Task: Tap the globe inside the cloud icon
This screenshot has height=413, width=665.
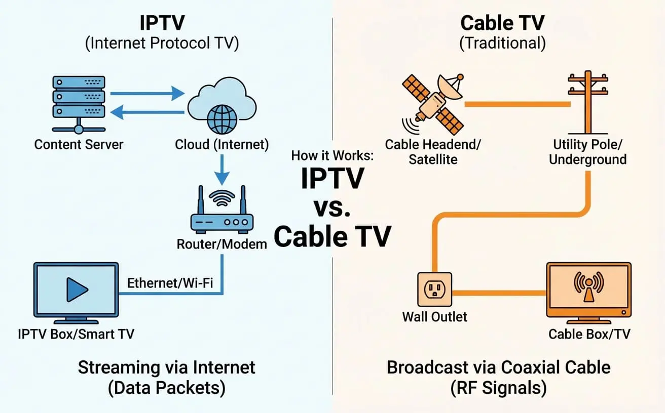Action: click(221, 119)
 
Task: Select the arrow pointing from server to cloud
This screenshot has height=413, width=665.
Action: click(147, 93)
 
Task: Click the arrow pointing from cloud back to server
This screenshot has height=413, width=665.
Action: click(147, 111)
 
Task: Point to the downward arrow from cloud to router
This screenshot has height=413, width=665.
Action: click(221, 170)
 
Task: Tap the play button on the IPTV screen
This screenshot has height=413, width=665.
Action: click(77, 290)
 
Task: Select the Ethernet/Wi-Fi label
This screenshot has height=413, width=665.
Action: click(169, 283)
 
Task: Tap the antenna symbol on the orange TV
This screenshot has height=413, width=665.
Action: click(588, 285)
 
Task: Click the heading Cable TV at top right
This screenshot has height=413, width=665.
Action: click(502, 23)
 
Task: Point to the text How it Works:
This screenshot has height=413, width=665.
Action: click(332, 155)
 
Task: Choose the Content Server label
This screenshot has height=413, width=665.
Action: click(79, 144)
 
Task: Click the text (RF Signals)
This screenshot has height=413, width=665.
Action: click(499, 388)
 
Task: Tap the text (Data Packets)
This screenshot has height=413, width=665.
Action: click(166, 388)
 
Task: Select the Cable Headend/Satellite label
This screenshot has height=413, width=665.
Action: click(433, 151)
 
